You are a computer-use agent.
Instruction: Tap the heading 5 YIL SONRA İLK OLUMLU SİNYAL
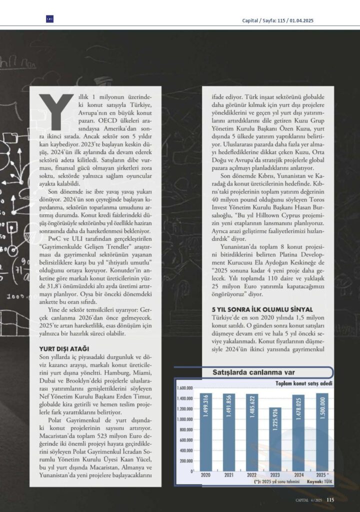coord(258,310)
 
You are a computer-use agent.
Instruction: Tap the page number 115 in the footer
coord(330,499)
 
